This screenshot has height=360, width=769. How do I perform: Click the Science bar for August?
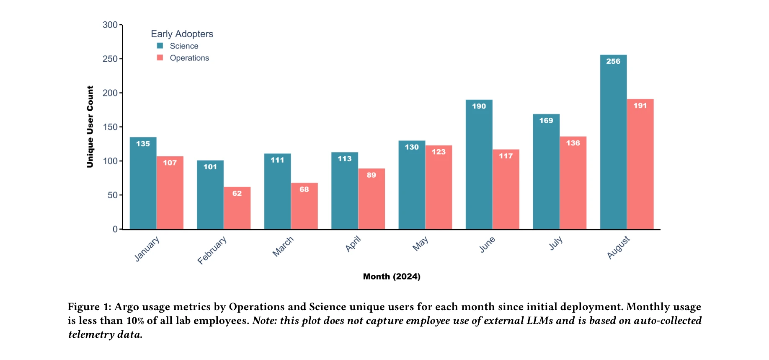613,142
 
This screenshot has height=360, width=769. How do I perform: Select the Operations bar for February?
237,208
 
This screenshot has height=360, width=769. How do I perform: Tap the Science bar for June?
479,165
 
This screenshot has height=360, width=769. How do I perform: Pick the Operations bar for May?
439,187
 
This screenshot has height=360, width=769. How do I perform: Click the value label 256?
613,61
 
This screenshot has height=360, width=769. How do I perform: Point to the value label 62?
237,194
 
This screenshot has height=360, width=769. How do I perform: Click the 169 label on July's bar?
546,121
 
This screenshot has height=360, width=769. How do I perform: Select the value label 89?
372,175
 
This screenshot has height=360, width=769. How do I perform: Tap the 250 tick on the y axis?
110,59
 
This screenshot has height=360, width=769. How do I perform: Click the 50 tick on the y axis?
113,195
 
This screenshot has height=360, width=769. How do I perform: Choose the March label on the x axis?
283,246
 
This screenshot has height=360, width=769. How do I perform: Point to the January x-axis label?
147,249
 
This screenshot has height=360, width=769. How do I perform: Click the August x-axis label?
618,247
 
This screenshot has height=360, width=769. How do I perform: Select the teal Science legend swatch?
160,46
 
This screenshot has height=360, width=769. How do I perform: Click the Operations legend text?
189,58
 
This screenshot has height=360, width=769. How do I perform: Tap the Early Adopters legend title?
182,34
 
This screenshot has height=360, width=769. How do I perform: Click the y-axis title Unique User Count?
90,127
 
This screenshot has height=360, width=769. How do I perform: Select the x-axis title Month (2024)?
392,277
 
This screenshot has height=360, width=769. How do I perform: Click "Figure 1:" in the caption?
90,307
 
